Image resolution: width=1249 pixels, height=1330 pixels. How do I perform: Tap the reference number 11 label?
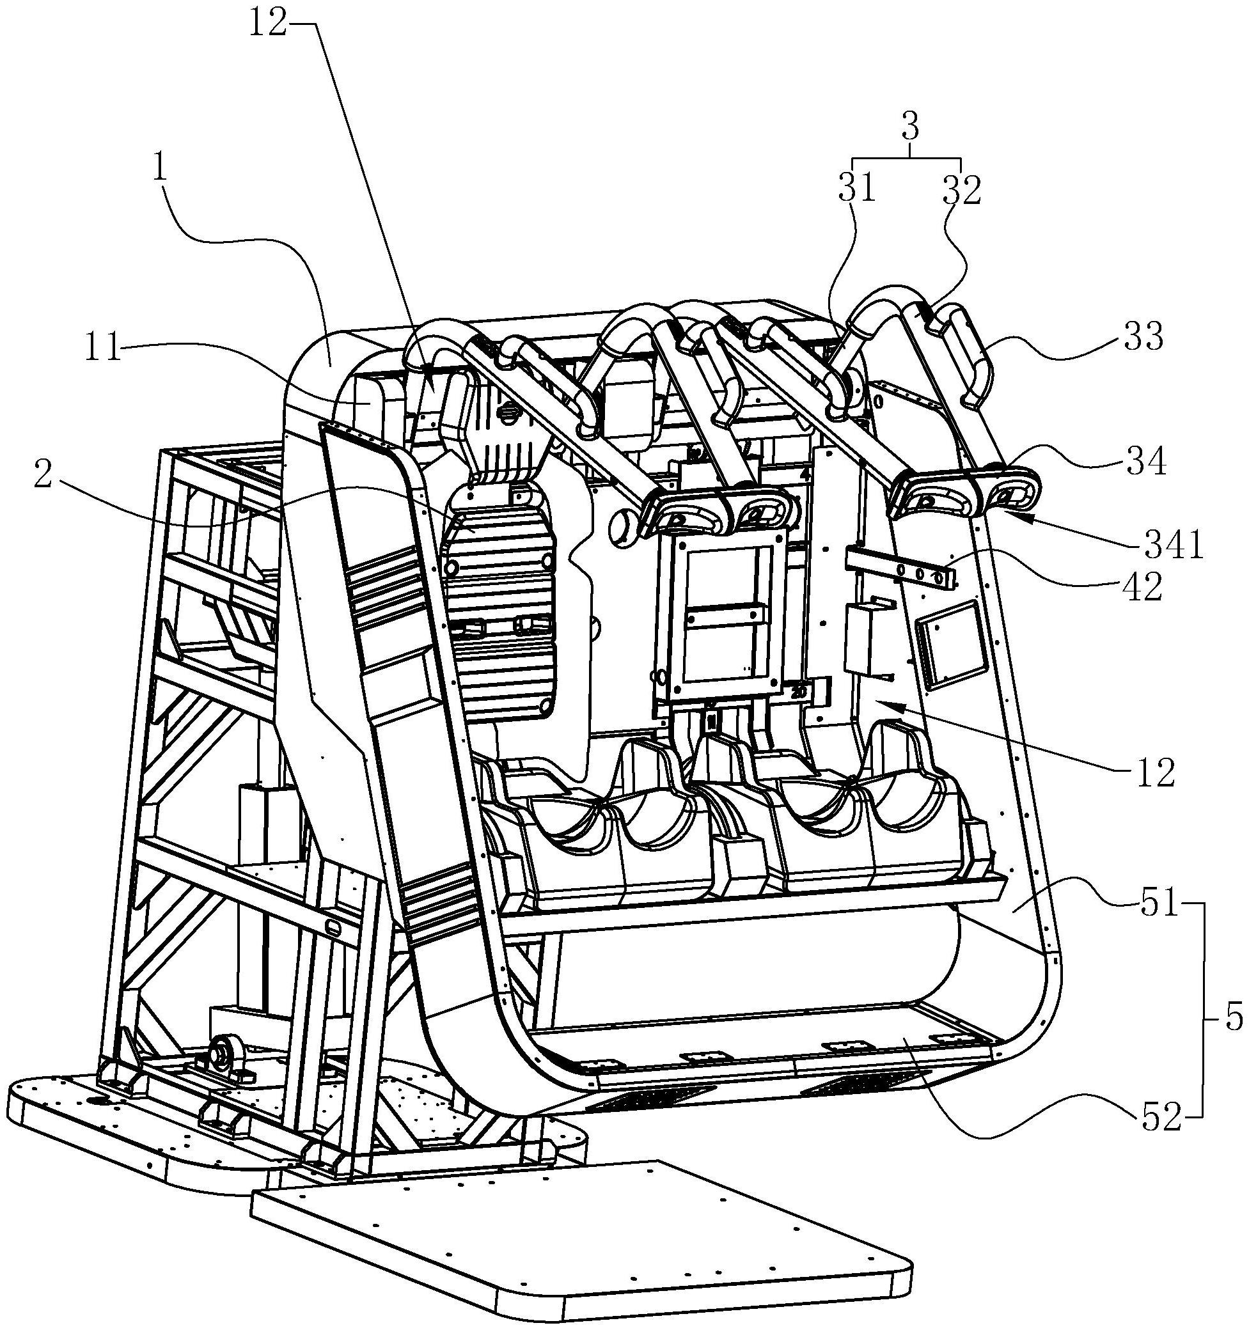[x=102, y=348]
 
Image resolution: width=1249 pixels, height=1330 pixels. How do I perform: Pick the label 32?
[x=961, y=191]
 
